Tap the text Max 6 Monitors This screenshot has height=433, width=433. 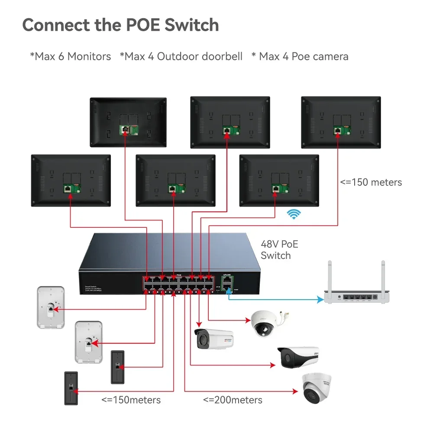point(70,56)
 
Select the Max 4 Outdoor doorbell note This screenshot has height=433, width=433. point(181,56)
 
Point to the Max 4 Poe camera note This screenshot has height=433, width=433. point(300,56)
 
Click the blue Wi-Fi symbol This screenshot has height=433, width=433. point(294,214)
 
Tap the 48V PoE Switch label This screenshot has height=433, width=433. point(279,250)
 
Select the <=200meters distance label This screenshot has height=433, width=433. point(233,400)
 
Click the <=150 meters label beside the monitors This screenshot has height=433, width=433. point(371,182)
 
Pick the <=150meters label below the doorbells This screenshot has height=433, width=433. point(131,400)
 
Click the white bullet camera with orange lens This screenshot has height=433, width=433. point(213,339)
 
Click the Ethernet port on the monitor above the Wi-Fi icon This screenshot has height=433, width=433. point(276,188)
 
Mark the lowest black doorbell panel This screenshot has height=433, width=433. point(71,388)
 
